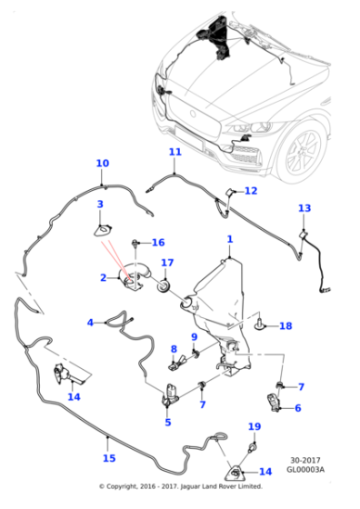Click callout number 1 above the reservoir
point(230,239)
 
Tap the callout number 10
point(102,164)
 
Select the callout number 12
point(251,191)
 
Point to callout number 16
point(157,243)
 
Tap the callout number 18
point(285,325)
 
